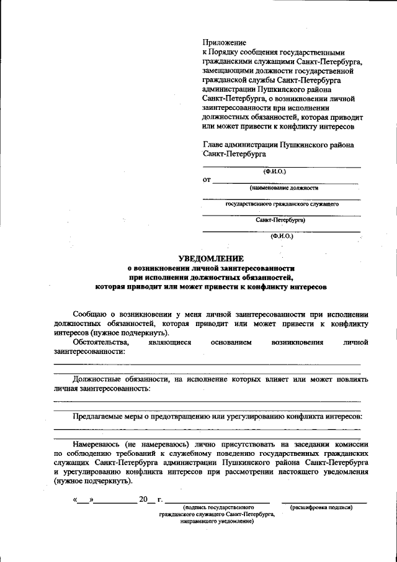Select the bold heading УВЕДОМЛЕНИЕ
tap(211, 258)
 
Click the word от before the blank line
tap(207, 180)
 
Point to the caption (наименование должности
tap(283, 188)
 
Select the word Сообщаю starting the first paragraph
tap(90, 314)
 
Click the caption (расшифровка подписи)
tap(321, 507)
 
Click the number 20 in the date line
tap(143, 499)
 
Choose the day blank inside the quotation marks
tap(83, 500)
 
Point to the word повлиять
tap(351, 378)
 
